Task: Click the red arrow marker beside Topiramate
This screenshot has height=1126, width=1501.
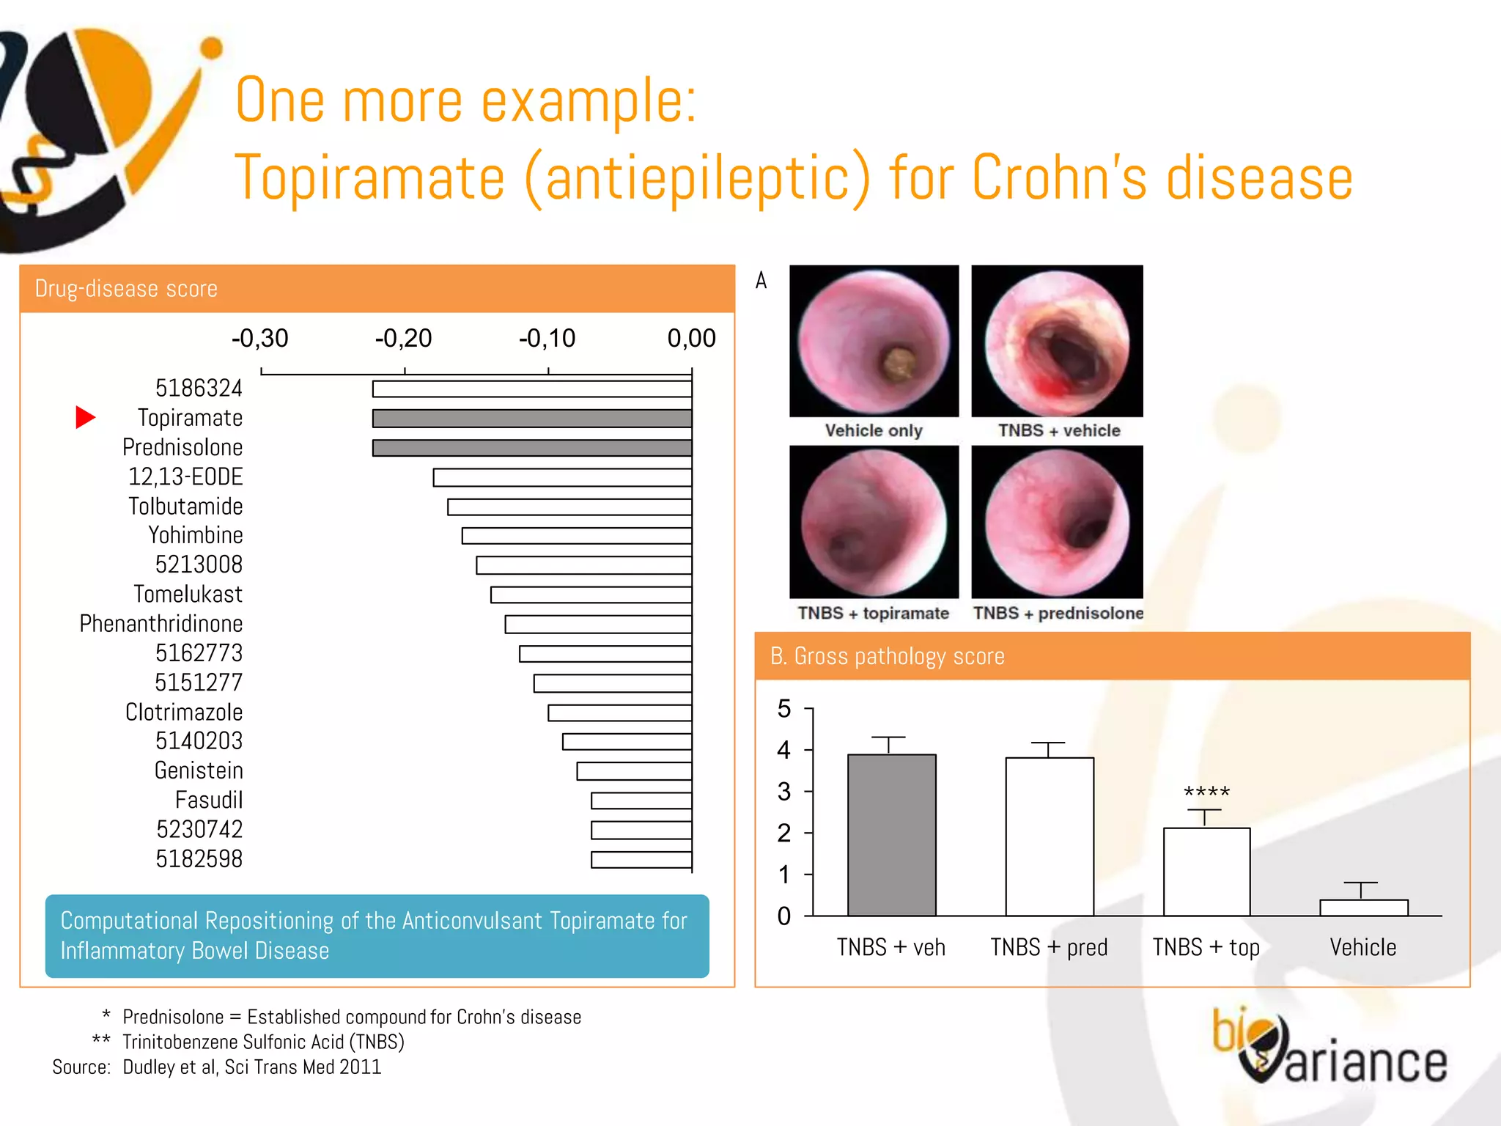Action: click(x=85, y=417)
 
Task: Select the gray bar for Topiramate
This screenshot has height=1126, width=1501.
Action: click(x=531, y=419)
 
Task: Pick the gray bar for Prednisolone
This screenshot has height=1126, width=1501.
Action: click(x=531, y=448)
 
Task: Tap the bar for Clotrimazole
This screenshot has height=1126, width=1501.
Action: click(x=619, y=713)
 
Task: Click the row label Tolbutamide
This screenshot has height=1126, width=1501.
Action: click(x=185, y=507)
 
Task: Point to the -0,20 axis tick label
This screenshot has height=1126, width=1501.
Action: click(x=403, y=338)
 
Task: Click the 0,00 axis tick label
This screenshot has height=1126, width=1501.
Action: click(x=691, y=338)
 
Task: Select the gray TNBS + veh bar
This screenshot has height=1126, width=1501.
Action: click(x=891, y=835)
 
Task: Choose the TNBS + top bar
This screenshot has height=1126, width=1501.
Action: click(x=1206, y=872)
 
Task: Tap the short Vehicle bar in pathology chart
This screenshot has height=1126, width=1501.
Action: click(x=1363, y=908)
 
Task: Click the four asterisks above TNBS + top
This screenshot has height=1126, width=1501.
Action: click(x=1206, y=792)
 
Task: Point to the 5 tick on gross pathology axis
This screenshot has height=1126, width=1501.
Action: click(x=784, y=709)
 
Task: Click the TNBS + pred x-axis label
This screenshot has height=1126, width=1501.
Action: click(x=1049, y=947)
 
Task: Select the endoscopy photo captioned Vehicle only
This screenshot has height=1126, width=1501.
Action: click(x=874, y=341)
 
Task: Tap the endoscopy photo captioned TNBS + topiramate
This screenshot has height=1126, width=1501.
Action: click(x=874, y=522)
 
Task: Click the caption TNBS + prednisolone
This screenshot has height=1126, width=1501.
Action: click(x=1058, y=613)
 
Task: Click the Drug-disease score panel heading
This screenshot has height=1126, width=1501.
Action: click(x=126, y=289)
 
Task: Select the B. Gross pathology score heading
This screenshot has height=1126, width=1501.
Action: click(x=887, y=656)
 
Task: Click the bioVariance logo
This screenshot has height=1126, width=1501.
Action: click(x=1328, y=1049)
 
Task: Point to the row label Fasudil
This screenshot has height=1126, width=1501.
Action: click(x=209, y=800)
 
